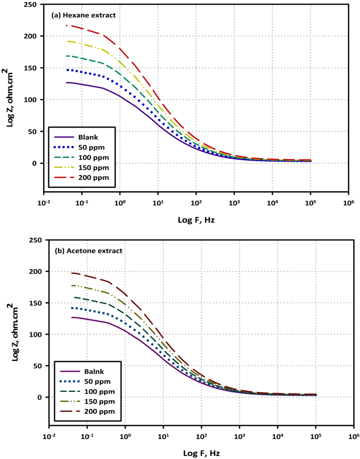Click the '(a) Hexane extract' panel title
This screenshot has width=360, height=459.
point(83,15)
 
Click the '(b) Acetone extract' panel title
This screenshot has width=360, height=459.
point(88,251)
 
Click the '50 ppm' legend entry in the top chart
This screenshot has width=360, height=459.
point(93,147)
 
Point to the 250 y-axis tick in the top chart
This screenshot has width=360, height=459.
point(36,5)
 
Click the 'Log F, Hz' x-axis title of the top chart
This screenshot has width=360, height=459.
point(196,220)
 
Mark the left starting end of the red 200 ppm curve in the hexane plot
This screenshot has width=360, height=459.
point(66,25)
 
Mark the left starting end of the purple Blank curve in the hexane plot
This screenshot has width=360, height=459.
point(66,82)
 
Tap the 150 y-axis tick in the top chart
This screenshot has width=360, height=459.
point(36,68)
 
